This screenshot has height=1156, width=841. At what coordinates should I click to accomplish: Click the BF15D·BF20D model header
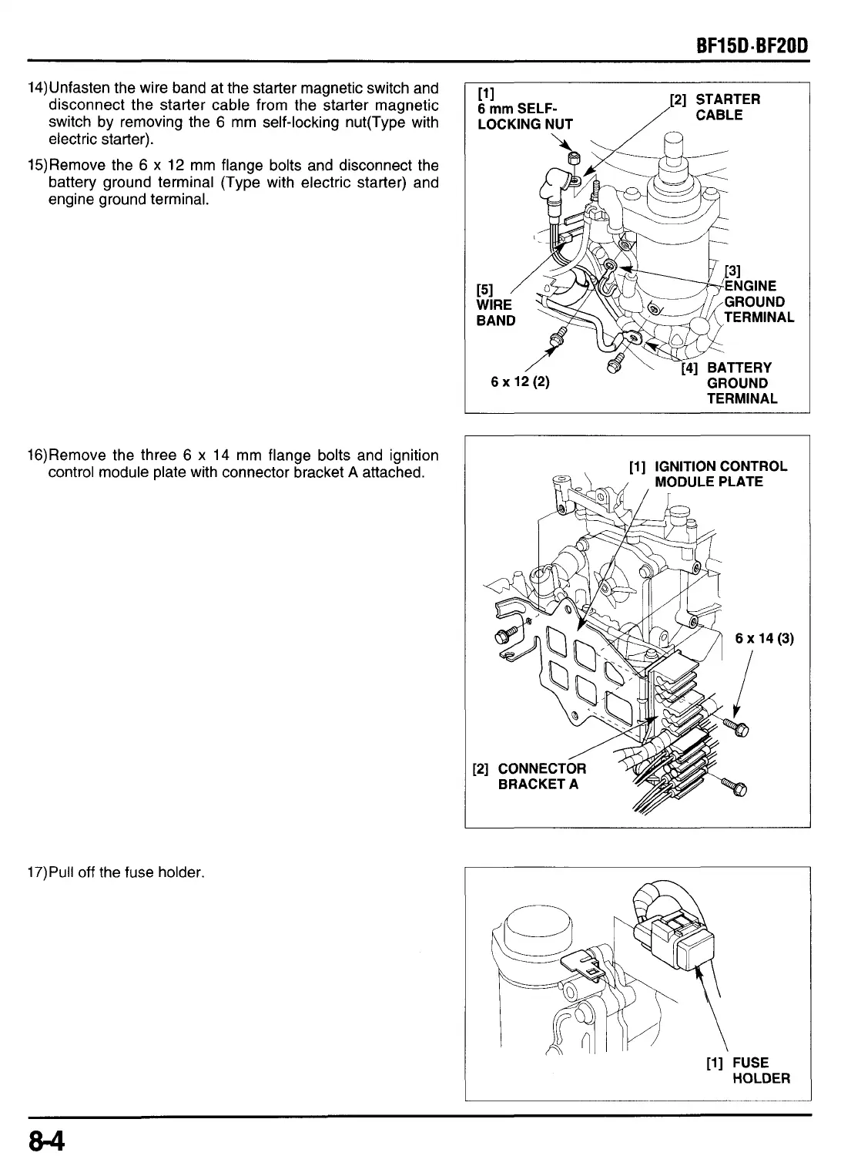click(751, 45)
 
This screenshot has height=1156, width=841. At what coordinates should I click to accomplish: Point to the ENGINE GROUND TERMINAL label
click(757, 301)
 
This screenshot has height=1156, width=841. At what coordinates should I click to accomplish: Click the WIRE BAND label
click(495, 305)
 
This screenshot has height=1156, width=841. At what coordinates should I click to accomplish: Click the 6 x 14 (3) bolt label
click(764, 638)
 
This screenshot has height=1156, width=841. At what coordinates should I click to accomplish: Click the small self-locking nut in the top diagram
click(573, 158)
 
